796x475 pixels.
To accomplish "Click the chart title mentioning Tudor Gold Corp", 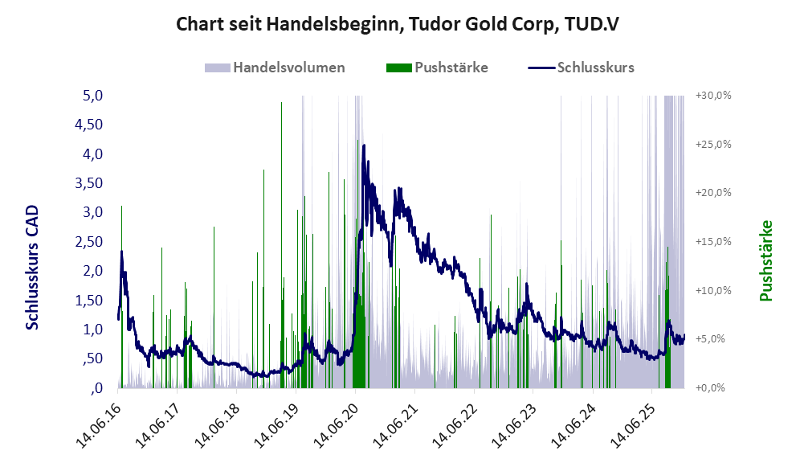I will pos(398,24).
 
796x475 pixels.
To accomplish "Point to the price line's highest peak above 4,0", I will pos(364,146).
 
